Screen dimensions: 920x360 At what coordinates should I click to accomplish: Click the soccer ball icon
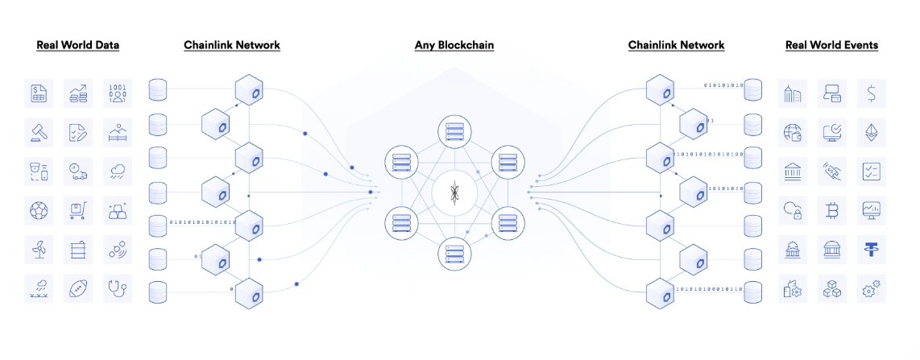point(39,210)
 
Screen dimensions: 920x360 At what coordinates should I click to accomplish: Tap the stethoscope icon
point(118,288)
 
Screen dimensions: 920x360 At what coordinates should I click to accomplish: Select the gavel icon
point(39,133)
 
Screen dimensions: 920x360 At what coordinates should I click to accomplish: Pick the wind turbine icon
point(39,249)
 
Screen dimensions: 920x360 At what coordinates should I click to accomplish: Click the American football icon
point(78,288)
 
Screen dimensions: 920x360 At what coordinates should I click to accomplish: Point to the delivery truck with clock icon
point(78,172)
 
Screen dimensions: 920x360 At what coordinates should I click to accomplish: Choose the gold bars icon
point(118,210)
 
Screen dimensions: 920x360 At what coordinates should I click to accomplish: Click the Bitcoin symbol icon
point(832,210)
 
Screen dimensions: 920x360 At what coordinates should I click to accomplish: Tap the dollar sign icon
point(872,93)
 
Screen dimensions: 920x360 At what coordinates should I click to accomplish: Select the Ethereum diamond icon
point(872,133)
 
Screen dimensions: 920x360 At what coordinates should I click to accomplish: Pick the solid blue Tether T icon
point(872,249)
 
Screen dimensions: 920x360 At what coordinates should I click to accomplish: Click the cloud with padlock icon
point(793,210)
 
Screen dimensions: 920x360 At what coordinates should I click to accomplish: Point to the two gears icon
point(872,288)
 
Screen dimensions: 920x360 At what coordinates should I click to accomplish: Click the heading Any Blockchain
point(454,45)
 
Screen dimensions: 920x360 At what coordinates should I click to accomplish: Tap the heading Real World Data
point(78,45)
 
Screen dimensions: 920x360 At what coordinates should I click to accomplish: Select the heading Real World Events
point(831,45)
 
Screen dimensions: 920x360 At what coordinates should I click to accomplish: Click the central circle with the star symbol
point(454,192)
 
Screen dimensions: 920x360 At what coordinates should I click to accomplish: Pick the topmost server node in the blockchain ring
point(454,132)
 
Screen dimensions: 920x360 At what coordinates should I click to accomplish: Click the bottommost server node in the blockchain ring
point(454,254)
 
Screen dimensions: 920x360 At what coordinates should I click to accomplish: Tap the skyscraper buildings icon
point(793,93)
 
